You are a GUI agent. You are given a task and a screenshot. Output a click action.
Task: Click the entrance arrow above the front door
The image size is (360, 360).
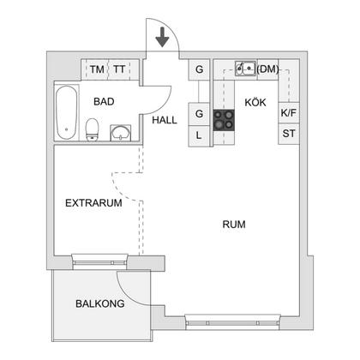tap(163, 37)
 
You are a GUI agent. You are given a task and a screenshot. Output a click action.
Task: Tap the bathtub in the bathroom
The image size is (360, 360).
tap(67, 112)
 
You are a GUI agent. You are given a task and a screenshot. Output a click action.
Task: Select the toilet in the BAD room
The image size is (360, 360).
tap(92, 129)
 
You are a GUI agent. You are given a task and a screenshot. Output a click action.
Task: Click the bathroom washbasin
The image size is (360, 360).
tap(121, 133)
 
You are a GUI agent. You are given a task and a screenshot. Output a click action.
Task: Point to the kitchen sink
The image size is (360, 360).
tap(245, 69)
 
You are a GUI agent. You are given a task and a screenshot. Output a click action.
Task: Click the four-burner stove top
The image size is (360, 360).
tap(224, 120)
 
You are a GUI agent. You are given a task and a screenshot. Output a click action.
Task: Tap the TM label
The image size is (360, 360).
tap(97, 69)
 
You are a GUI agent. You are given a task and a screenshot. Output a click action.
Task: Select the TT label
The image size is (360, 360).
tap(119, 69)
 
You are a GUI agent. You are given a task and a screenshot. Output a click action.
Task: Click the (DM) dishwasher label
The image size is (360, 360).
tap(267, 69)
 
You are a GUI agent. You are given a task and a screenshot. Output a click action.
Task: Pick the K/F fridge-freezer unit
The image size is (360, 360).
tap(289, 113)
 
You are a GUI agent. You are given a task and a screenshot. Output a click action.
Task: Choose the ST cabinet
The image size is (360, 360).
tap(289, 134)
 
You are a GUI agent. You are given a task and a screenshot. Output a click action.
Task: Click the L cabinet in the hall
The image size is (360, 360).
tap(199, 136)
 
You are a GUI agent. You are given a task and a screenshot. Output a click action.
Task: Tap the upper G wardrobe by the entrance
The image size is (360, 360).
tap(199, 69)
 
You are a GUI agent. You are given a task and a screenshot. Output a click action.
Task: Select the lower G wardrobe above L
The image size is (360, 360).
tap(199, 114)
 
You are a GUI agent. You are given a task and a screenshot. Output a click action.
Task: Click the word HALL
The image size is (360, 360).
tap(165, 120)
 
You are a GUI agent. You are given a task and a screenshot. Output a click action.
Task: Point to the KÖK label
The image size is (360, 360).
tap(255, 102)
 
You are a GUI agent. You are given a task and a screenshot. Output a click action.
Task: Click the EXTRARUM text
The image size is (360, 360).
tap(93, 203)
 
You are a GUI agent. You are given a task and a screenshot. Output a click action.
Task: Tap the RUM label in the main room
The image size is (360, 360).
tap(234, 225)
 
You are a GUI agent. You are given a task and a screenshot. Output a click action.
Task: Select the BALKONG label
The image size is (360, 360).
tap(100, 303)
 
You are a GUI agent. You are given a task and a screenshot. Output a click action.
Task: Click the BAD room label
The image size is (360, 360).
tap(104, 101)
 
